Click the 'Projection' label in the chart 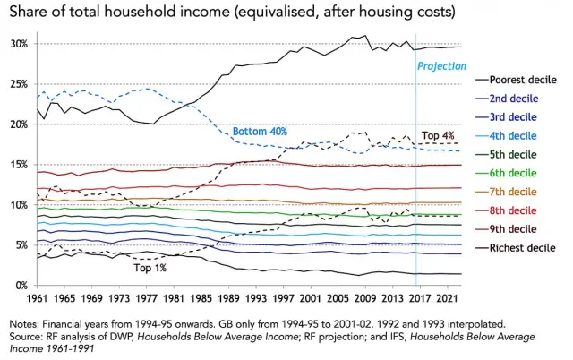coord(441,65)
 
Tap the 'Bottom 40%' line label coord(260,132)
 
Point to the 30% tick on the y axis coord(21,44)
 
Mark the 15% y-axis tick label coord(21,164)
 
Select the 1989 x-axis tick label coord(229,297)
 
